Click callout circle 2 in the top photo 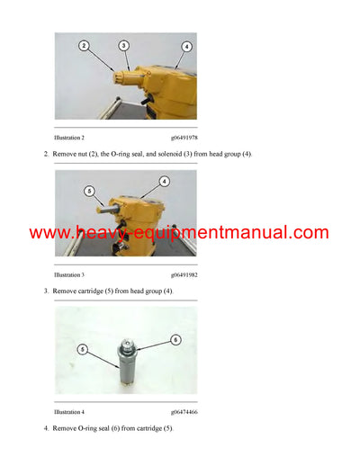click(83, 45)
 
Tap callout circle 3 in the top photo click(123, 45)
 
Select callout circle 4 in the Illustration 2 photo click(186, 46)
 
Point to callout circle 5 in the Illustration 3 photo click(89, 190)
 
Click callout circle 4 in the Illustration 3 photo click(165, 182)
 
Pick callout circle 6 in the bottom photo click(175, 339)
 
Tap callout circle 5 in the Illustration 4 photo click(82, 348)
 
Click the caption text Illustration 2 click(69, 137)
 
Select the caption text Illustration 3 click(69, 274)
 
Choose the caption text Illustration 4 click(69, 410)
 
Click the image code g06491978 click(184, 137)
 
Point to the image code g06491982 click(184, 274)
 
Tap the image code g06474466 click(184, 410)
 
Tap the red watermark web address click(179, 233)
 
